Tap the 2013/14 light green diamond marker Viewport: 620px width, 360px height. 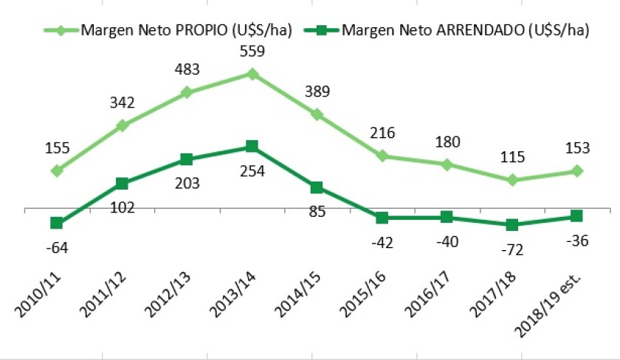(x=252, y=74)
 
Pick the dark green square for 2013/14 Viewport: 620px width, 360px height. (x=252, y=146)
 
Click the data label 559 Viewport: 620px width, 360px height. (x=252, y=52)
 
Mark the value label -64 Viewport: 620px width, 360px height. (x=56, y=249)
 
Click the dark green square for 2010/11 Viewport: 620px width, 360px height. (x=56, y=223)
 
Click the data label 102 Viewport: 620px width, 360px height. (x=122, y=208)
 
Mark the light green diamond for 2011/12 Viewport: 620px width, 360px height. (x=122, y=125)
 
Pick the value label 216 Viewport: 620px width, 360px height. (x=382, y=134)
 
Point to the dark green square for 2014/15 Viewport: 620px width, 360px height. (x=317, y=187)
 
